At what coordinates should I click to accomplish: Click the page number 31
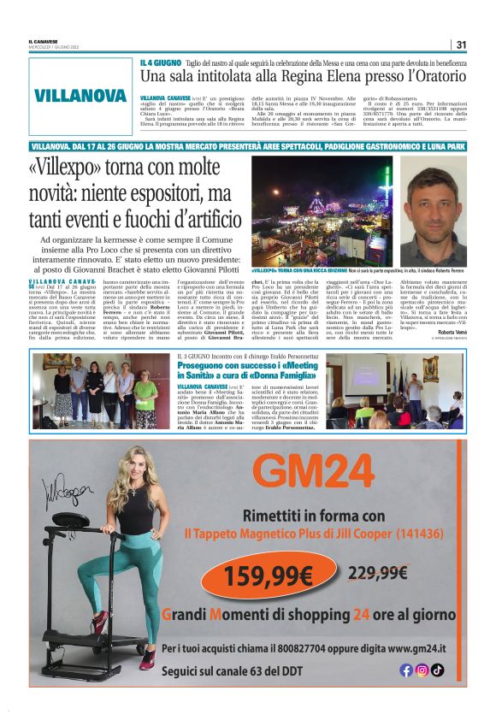(x=461, y=45)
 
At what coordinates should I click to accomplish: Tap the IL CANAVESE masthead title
(x=43, y=43)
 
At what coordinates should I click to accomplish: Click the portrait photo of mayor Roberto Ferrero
(x=434, y=210)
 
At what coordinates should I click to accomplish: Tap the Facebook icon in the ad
(x=406, y=670)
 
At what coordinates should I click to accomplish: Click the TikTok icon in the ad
(x=437, y=670)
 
